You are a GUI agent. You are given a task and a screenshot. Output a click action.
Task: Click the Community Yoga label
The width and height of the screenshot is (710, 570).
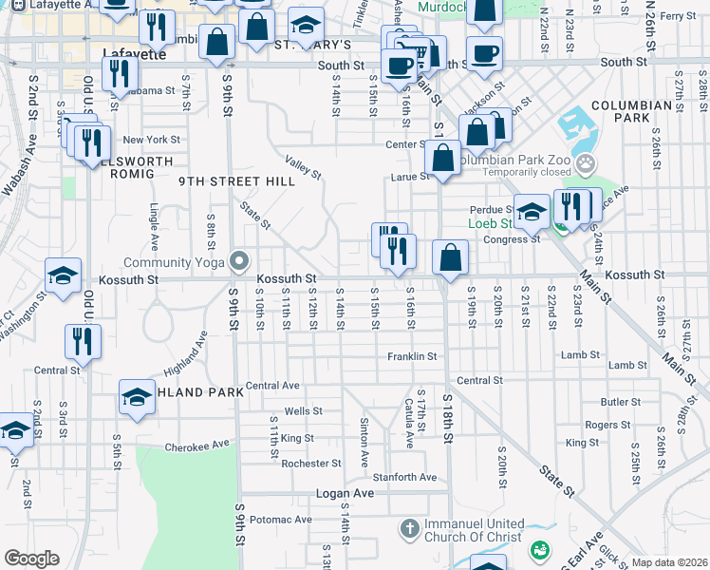point(173,262)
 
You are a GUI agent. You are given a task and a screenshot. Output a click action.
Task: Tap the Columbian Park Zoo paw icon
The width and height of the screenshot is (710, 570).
point(589,163)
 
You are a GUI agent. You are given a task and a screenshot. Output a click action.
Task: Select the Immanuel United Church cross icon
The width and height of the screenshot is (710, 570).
point(408,527)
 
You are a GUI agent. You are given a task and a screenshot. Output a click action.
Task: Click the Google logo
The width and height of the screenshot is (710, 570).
point(31,559)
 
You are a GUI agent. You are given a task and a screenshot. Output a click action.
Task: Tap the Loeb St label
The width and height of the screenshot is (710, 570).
point(493,224)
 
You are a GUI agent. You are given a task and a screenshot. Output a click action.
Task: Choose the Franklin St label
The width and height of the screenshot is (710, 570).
point(411,356)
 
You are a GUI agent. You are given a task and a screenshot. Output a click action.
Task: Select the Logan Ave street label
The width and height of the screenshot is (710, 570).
point(345,494)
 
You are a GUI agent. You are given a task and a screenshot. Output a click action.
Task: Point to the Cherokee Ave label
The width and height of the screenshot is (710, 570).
point(197,445)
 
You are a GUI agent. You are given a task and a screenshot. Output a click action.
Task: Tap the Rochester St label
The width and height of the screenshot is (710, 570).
point(310,464)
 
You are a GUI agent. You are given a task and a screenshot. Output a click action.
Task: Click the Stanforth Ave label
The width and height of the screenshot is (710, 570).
point(404,477)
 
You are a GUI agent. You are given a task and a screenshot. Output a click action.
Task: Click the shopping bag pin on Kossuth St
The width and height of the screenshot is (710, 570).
point(450,257)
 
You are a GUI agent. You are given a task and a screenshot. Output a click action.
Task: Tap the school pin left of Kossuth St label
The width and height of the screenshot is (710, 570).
point(64,277)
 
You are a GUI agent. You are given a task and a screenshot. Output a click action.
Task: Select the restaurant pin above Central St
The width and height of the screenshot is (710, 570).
point(78,342)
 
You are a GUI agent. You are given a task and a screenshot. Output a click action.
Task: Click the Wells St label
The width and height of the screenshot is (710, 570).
point(304,411)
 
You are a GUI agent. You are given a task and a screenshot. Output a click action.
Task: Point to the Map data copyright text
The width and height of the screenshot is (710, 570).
point(669,561)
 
